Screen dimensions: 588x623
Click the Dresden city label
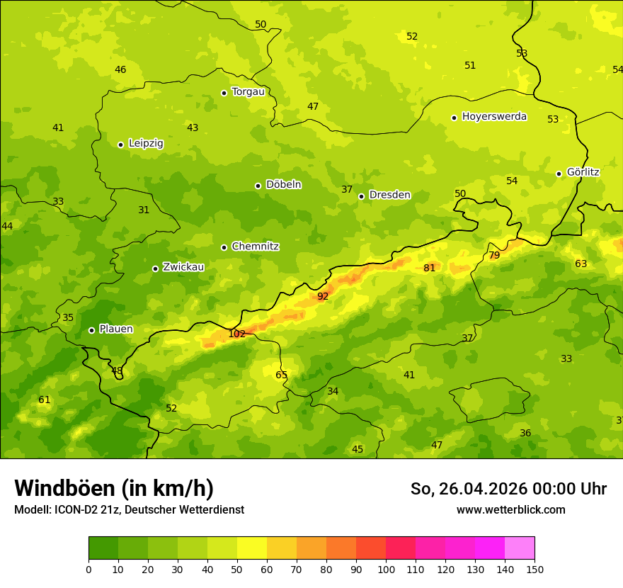click(389, 195)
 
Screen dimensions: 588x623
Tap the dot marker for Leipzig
click(120, 145)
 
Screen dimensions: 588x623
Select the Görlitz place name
click(583, 172)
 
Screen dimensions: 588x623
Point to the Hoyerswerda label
click(494, 116)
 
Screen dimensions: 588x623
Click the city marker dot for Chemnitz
click(224, 247)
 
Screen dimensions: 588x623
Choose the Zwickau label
click(183, 267)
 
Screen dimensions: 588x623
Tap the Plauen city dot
click(91, 330)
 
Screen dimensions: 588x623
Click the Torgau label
click(248, 91)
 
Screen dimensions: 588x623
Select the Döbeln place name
click(283, 184)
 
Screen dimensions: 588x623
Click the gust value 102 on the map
click(236, 334)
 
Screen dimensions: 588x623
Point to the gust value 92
click(323, 296)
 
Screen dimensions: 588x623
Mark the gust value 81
click(429, 268)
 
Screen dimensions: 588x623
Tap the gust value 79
click(494, 255)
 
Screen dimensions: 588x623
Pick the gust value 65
click(282, 375)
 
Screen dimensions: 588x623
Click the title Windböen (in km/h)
click(114, 488)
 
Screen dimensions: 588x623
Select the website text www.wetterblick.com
click(510, 510)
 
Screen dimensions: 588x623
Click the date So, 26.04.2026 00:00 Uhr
click(508, 489)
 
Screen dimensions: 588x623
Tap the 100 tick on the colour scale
click(386, 569)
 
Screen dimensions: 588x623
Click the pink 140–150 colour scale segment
click(520, 548)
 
